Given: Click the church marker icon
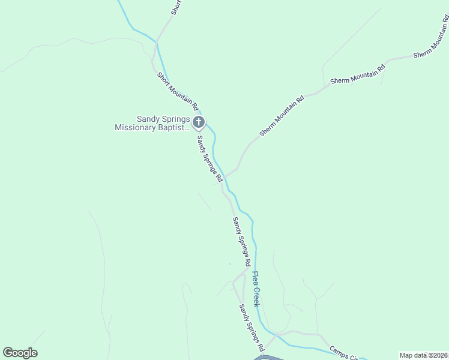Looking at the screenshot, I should point(199,123).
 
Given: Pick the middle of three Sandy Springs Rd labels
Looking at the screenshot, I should point(241,242).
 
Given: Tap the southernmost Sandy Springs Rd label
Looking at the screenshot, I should point(252,328).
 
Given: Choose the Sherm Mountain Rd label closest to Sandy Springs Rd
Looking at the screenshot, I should point(282,115).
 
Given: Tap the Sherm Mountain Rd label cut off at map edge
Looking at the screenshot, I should point(431,42).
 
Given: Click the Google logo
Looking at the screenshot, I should point(20,353).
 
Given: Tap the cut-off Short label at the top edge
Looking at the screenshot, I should point(175,7).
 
